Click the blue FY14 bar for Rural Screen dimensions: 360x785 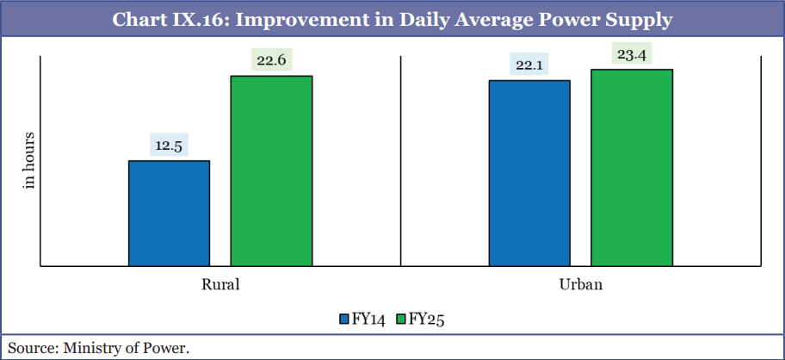(169, 213)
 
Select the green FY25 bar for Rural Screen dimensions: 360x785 (271, 171)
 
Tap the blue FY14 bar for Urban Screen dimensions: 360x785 (529, 173)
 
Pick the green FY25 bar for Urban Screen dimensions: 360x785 (631, 167)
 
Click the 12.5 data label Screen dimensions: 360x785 (169, 146)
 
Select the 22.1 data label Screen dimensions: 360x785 (529, 65)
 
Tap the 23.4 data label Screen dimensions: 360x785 (631, 55)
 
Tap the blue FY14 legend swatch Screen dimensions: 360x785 (343, 320)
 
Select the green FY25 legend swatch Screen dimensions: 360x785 (400, 320)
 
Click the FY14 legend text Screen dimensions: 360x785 (368, 320)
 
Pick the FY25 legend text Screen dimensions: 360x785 (425, 320)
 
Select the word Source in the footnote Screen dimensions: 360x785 (28, 348)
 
